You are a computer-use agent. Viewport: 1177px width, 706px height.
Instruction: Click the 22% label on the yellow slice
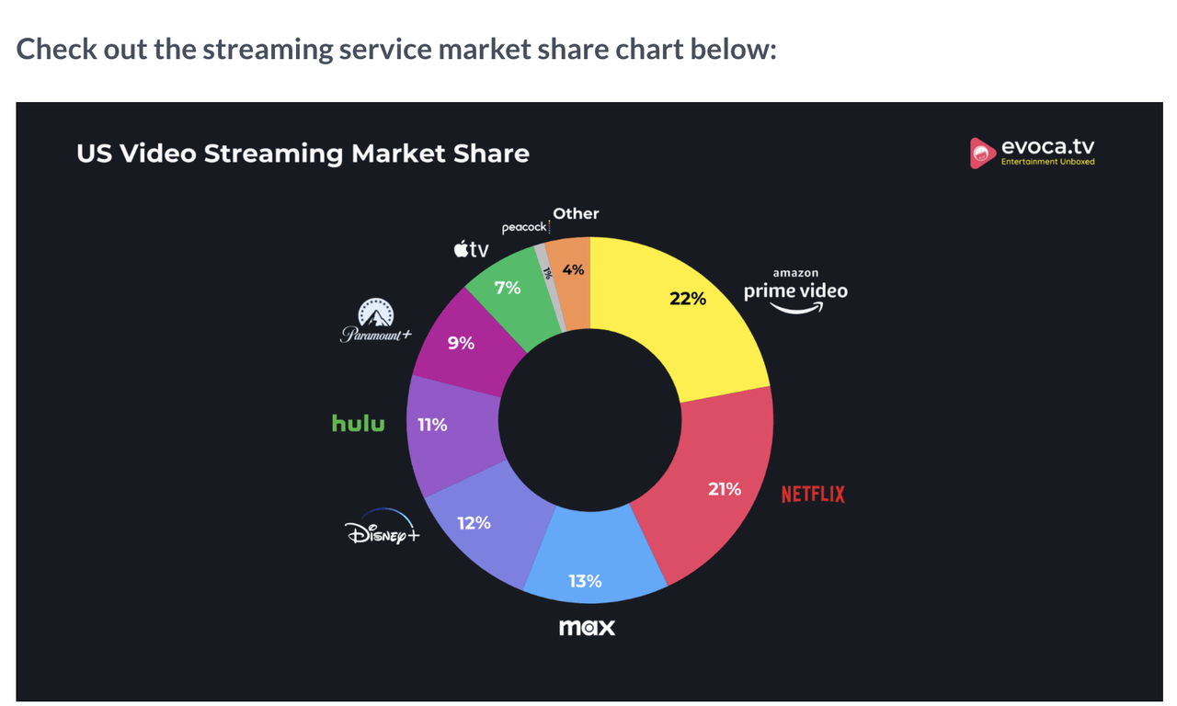click(x=688, y=298)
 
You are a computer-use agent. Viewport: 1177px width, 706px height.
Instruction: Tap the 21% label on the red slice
click(x=725, y=489)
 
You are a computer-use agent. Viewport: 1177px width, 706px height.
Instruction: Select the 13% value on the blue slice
click(x=585, y=581)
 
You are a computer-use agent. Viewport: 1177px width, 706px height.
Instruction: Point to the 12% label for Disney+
click(x=474, y=523)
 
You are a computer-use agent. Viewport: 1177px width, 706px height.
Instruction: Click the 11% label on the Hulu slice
click(x=432, y=425)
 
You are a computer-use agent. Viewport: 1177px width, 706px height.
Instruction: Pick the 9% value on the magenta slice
click(x=461, y=343)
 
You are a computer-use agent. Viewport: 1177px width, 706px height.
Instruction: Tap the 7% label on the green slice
click(x=508, y=288)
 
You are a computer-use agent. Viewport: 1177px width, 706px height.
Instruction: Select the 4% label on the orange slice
click(x=574, y=269)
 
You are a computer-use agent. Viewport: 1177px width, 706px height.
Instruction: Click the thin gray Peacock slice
click(x=550, y=285)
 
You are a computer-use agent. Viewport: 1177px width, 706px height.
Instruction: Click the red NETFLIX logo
click(x=813, y=495)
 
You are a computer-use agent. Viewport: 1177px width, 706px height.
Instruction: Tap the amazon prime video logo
click(x=795, y=291)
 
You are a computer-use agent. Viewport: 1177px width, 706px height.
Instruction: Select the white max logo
click(x=587, y=628)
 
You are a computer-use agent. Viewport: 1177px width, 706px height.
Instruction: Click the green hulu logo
click(x=359, y=424)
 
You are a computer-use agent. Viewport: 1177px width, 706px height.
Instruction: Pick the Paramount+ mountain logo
click(x=375, y=321)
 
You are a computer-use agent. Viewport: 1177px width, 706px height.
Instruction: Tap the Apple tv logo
click(x=471, y=249)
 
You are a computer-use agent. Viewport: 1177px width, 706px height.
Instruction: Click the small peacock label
click(x=524, y=227)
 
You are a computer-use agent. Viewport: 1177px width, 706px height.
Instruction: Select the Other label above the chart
click(x=576, y=213)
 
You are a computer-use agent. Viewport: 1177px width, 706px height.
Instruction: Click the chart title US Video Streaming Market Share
click(x=303, y=154)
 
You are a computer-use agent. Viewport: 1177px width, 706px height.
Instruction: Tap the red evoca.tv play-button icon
click(x=982, y=154)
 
